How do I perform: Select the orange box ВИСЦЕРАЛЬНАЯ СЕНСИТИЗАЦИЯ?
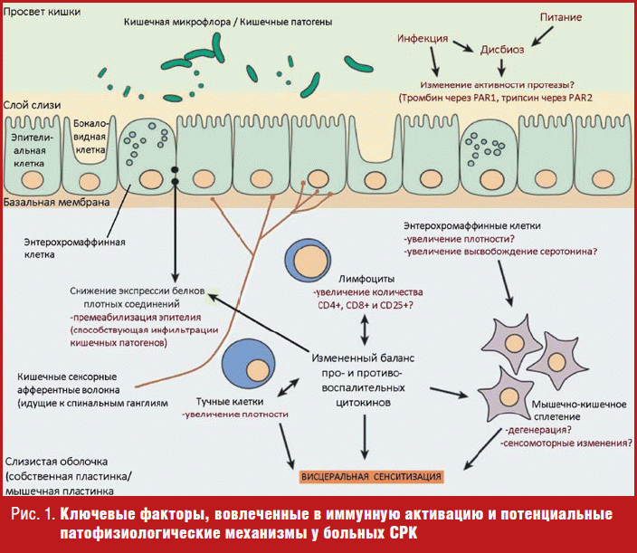point(372,476)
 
